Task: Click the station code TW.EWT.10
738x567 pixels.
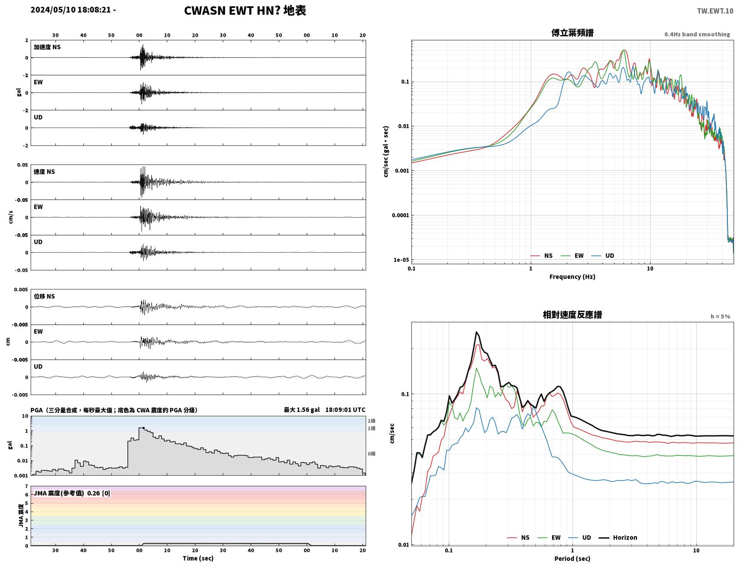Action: click(x=714, y=11)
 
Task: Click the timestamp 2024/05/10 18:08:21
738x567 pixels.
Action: click(x=71, y=10)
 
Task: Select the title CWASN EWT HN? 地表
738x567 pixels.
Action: click(x=245, y=11)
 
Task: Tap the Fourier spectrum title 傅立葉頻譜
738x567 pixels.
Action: click(x=572, y=33)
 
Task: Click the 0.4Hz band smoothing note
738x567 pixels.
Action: click(x=697, y=34)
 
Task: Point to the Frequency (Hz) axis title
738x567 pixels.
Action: click(x=572, y=277)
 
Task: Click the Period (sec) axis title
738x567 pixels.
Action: click(x=572, y=559)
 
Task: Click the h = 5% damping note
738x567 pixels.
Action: click(x=720, y=317)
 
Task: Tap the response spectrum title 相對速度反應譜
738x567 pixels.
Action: click(x=572, y=315)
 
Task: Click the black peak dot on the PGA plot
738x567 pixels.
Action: click(x=143, y=428)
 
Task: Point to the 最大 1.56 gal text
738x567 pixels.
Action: click(x=302, y=410)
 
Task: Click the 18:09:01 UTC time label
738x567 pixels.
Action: click(x=345, y=410)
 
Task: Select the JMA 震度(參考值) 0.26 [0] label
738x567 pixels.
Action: click(x=71, y=493)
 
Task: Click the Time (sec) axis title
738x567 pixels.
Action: click(x=198, y=558)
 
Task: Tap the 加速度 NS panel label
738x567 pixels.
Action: click(x=47, y=47)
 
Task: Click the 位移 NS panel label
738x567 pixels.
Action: click(x=44, y=297)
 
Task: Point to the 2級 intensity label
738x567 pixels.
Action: click(x=371, y=421)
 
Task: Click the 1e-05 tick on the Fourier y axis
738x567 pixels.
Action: click(x=401, y=260)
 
